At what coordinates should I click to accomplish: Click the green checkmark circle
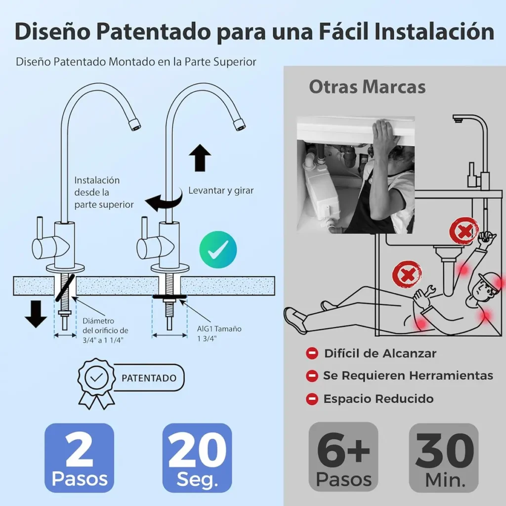pyautogui.click(x=218, y=250)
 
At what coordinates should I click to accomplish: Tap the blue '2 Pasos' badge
pyautogui.click(x=80, y=458)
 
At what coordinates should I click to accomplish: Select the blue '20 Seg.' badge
pyautogui.click(x=197, y=458)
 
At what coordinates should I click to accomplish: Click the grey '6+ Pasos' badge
pyautogui.click(x=343, y=457)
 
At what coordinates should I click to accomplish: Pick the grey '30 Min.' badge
pyautogui.click(x=444, y=458)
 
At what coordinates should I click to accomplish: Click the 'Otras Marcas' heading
pyautogui.click(x=367, y=87)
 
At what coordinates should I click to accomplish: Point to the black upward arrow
pyautogui.click(x=200, y=158)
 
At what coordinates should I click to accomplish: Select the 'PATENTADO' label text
pyautogui.click(x=149, y=378)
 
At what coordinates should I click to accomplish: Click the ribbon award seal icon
pyautogui.click(x=96, y=383)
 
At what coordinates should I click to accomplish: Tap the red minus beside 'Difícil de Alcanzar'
pyautogui.click(x=312, y=353)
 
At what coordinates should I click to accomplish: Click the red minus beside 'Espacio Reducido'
pyautogui.click(x=312, y=399)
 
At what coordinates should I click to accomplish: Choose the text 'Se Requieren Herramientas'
pyautogui.click(x=408, y=376)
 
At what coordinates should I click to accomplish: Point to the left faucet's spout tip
pyautogui.click(x=135, y=125)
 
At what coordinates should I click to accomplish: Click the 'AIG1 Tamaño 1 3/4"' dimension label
pyautogui.click(x=219, y=334)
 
